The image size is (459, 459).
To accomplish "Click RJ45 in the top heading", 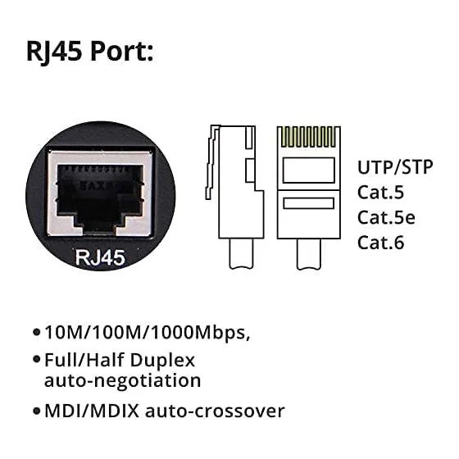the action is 54,52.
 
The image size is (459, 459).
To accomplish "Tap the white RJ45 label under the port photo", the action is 100,257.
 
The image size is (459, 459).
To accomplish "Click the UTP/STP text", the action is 395,167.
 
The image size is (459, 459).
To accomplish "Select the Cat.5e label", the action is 386,217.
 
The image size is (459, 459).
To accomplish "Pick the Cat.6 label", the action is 380,243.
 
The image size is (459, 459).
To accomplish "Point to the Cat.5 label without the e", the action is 380,193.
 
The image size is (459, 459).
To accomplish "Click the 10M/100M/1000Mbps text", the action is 147,333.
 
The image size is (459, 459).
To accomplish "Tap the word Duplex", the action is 162,361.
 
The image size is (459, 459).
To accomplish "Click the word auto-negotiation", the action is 122,381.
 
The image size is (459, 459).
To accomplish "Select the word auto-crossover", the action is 215,411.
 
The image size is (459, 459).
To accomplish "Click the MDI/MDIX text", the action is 92,411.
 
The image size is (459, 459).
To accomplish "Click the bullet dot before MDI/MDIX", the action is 37,411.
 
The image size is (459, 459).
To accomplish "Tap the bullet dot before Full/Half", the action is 37,359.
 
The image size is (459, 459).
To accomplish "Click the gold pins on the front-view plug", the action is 308,137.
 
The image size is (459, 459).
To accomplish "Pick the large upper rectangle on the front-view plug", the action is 308,170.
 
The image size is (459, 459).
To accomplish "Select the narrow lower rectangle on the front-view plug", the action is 308,203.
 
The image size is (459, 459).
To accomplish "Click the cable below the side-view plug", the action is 242,254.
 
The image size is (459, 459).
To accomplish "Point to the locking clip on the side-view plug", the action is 212,162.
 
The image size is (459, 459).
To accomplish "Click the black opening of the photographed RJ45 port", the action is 100,195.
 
